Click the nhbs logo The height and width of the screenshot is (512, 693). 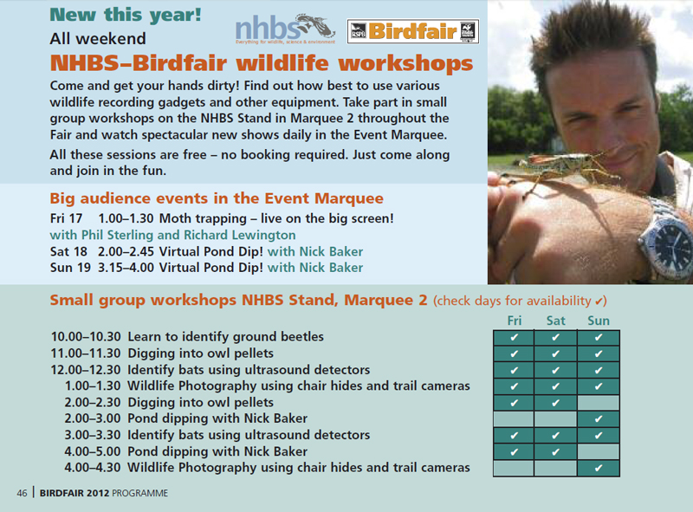(x=285, y=29)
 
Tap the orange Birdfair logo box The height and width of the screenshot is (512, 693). (x=413, y=31)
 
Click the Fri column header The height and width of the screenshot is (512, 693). (x=514, y=321)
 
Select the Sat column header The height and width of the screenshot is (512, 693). (x=555, y=321)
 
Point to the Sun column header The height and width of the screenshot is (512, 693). (x=599, y=321)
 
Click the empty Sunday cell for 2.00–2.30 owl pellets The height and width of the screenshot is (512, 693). (x=599, y=403)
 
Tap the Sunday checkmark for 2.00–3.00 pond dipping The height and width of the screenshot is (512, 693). (x=599, y=418)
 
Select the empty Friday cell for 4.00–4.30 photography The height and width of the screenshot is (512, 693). (x=514, y=468)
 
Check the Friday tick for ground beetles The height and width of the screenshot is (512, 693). (x=514, y=337)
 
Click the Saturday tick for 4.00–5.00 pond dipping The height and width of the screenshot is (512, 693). (x=555, y=452)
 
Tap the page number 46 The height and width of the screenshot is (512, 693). (x=23, y=493)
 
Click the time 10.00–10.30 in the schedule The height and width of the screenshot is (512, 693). (x=86, y=337)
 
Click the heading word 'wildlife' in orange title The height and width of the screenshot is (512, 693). (x=282, y=63)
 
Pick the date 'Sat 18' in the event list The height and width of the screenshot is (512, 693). (x=68, y=251)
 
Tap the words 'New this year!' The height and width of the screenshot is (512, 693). (x=126, y=15)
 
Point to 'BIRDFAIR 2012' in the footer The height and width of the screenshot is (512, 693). (x=74, y=493)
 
